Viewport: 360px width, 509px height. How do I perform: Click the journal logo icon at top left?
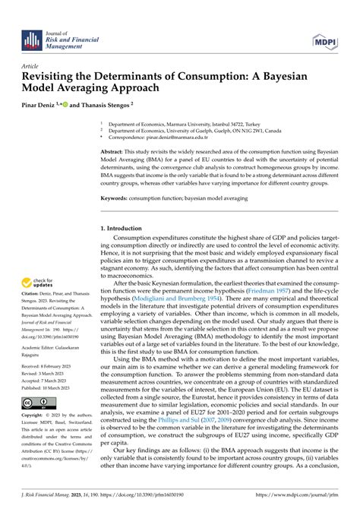click(x=31, y=41)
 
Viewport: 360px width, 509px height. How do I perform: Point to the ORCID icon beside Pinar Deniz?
click(x=74, y=104)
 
